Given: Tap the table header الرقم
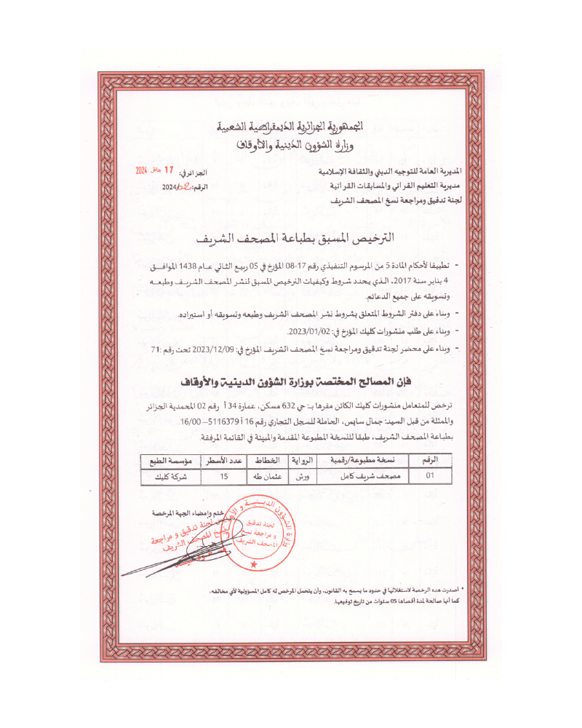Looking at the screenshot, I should [x=429, y=462].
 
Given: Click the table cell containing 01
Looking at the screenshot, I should [x=429, y=477].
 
